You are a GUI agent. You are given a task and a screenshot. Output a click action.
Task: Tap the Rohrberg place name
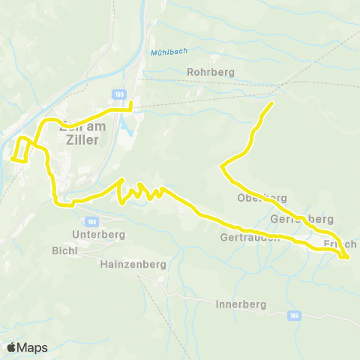pos(210,73)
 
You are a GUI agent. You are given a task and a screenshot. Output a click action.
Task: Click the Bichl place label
pos(64,250)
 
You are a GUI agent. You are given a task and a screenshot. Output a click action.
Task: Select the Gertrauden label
pos(250,238)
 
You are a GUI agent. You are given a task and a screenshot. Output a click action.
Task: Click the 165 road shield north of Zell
pos(119,94)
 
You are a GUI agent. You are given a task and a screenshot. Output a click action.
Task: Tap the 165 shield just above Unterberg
pos(91,222)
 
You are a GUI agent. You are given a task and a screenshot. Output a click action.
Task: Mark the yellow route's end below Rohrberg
pos(271,103)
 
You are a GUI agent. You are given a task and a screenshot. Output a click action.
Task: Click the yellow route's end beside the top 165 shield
pos(131,103)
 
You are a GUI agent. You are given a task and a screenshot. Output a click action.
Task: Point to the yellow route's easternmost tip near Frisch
pos(349,257)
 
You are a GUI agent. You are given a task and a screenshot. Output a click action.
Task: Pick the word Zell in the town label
pos(73,127)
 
